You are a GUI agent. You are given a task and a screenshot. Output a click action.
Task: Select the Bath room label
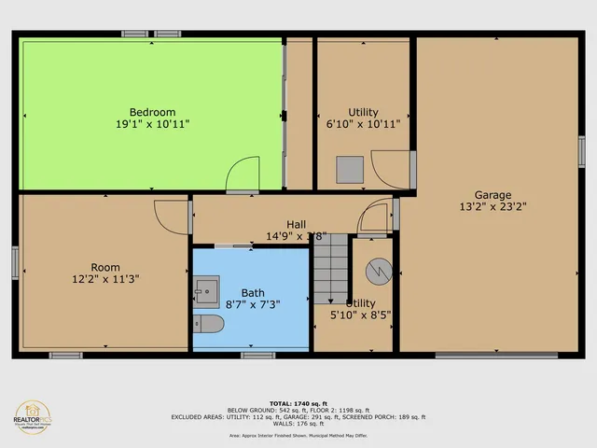pos(253,292)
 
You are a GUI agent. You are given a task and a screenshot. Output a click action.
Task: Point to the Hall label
pos(297,224)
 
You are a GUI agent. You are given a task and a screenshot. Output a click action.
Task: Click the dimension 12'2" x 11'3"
pos(105,278)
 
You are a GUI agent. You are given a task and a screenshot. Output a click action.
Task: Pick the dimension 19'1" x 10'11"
pos(152,123)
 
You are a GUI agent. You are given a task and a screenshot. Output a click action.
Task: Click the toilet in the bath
pos(208,324)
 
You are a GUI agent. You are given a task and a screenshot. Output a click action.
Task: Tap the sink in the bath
pos(207,290)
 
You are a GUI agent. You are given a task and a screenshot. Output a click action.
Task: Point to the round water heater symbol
pos(380,272)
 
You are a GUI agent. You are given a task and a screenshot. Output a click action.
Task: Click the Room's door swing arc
pos(173,216)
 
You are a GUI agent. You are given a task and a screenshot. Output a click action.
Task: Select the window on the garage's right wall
pos(581,151)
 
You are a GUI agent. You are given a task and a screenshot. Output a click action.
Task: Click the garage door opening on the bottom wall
pos(496,355)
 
